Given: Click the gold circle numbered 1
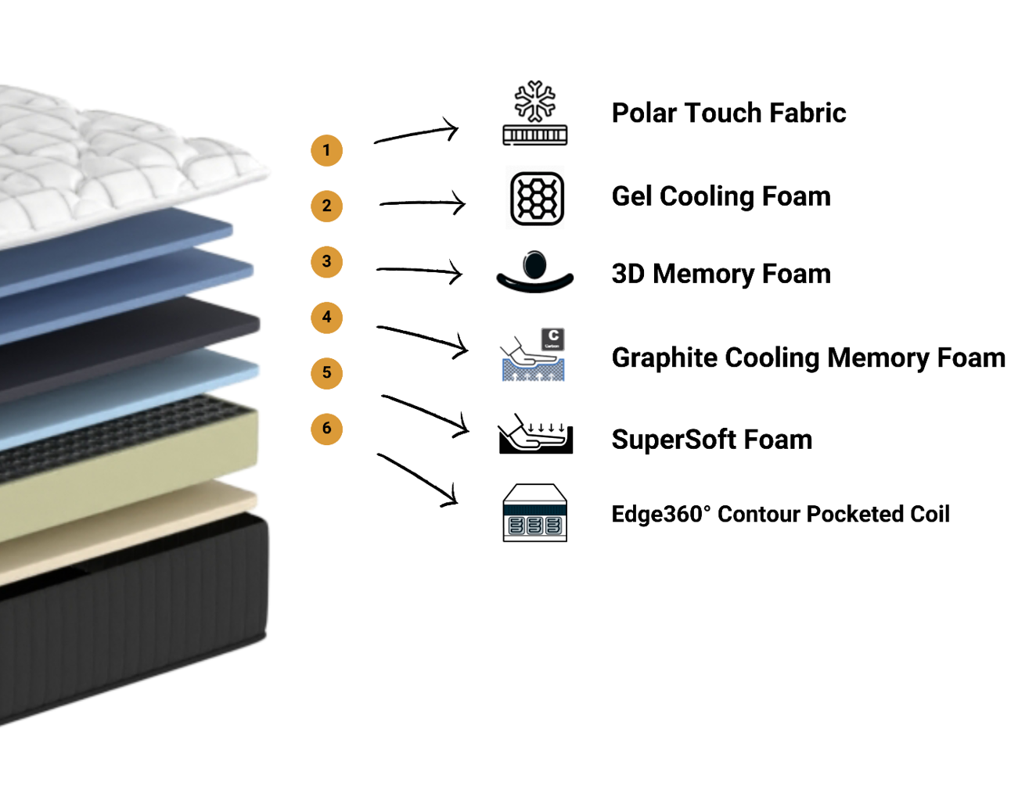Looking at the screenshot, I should click(327, 150).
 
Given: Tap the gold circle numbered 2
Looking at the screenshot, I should click(327, 206).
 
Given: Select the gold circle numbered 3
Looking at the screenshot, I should click(327, 261).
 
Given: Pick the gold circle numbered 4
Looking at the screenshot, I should click(327, 318).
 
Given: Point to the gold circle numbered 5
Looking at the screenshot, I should click(327, 373).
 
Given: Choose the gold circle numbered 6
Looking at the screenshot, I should click(327, 429).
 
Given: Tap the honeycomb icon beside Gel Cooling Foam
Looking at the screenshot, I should click(537, 199).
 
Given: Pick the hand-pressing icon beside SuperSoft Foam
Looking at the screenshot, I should click(535, 435).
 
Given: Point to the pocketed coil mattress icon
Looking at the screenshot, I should click(535, 513).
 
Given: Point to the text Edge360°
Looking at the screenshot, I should click(661, 514).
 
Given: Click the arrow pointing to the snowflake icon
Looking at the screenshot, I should click(417, 134).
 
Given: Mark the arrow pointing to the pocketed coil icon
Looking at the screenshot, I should click(419, 479).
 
